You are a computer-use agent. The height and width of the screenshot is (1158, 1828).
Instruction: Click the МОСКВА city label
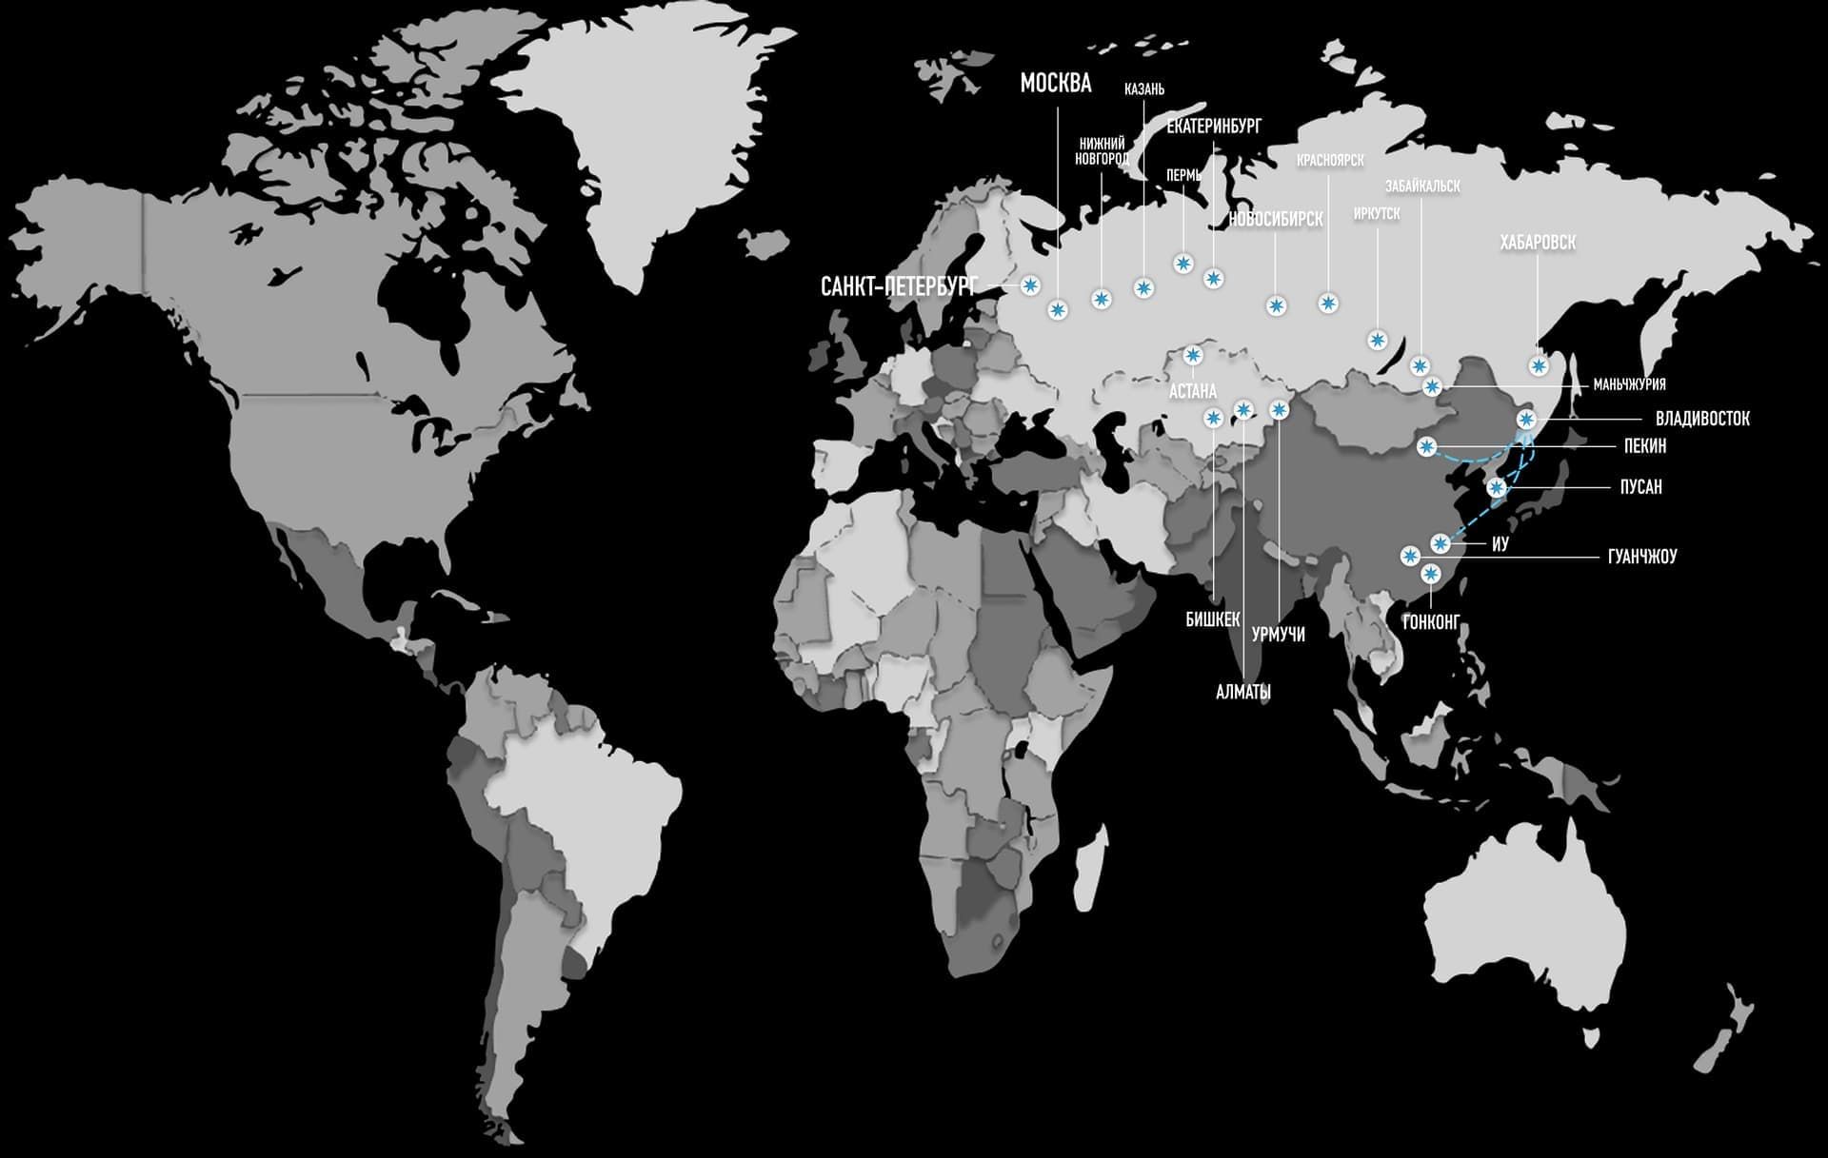pyautogui.click(x=1055, y=84)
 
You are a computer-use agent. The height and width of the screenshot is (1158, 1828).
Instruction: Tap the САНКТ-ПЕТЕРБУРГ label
pyautogui.click(x=899, y=286)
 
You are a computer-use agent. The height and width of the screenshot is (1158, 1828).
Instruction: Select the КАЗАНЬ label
pyautogui.click(x=1143, y=89)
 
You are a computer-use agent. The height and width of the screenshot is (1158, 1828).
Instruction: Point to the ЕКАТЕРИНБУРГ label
pyautogui.click(x=1213, y=126)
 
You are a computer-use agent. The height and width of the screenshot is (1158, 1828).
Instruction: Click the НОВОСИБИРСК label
pyautogui.click(x=1275, y=220)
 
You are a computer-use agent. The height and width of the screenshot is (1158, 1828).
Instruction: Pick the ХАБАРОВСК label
pyautogui.click(x=1537, y=244)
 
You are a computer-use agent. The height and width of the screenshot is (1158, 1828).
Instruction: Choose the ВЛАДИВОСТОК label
pyautogui.click(x=1702, y=419)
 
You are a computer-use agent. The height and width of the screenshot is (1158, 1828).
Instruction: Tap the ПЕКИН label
pyautogui.click(x=1644, y=446)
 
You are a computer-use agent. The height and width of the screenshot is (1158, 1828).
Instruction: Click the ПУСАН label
pyautogui.click(x=1640, y=487)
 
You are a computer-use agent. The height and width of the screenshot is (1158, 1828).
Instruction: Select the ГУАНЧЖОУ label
pyautogui.click(x=1641, y=557)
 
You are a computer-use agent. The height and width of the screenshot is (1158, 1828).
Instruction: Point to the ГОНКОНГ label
pyautogui.click(x=1430, y=623)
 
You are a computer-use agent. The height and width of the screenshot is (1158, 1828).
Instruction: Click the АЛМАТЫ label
pyautogui.click(x=1243, y=693)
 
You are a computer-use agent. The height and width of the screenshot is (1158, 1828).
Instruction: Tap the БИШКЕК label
pyautogui.click(x=1212, y=620)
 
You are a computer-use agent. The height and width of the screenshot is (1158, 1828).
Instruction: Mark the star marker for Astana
pyautogui.click(x=1193, y=356)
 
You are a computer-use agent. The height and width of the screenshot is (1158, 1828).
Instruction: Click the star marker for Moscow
pyautogui.click(x=1057, y=309)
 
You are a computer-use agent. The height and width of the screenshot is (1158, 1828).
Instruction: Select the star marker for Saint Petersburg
pyautogui.click(x=1030, y=285)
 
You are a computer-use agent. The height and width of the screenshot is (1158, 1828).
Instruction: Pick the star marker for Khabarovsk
pyautogui.click(x=1539, y=365)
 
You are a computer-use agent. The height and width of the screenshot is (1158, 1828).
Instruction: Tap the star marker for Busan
pyautogui.click(x=1498, y=488)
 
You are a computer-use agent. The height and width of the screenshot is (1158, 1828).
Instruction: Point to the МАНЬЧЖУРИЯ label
pyautogui.click(x=1629, y=385)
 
